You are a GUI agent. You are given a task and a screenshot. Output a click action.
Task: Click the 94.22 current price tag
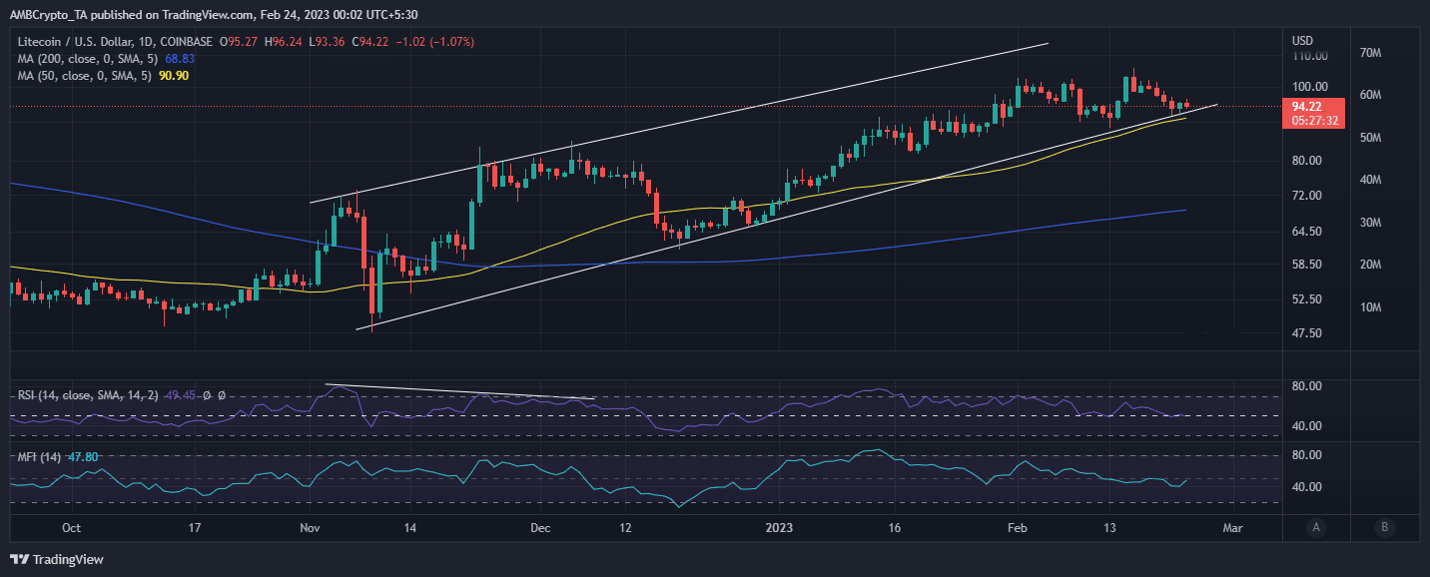(x=1307, y=106)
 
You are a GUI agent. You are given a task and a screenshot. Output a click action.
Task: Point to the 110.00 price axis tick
(x=1309, y=58)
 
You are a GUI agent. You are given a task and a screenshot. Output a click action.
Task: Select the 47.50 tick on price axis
(x=1307, y=333)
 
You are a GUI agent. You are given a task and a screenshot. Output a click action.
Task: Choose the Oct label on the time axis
(x=72, y=527)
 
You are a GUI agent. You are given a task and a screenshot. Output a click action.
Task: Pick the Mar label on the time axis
(x=1232, y=527)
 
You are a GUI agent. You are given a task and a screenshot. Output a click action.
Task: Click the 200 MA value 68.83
(x=179, y=60)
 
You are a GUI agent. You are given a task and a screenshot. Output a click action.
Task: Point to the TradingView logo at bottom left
(x=57, y=560)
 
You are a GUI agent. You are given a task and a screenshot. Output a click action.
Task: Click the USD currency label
(x=1302, y=41)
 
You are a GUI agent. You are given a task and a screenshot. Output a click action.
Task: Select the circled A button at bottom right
(x=1317, y=527)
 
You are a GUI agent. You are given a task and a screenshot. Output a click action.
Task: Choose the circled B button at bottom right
(x=1383, y=527)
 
